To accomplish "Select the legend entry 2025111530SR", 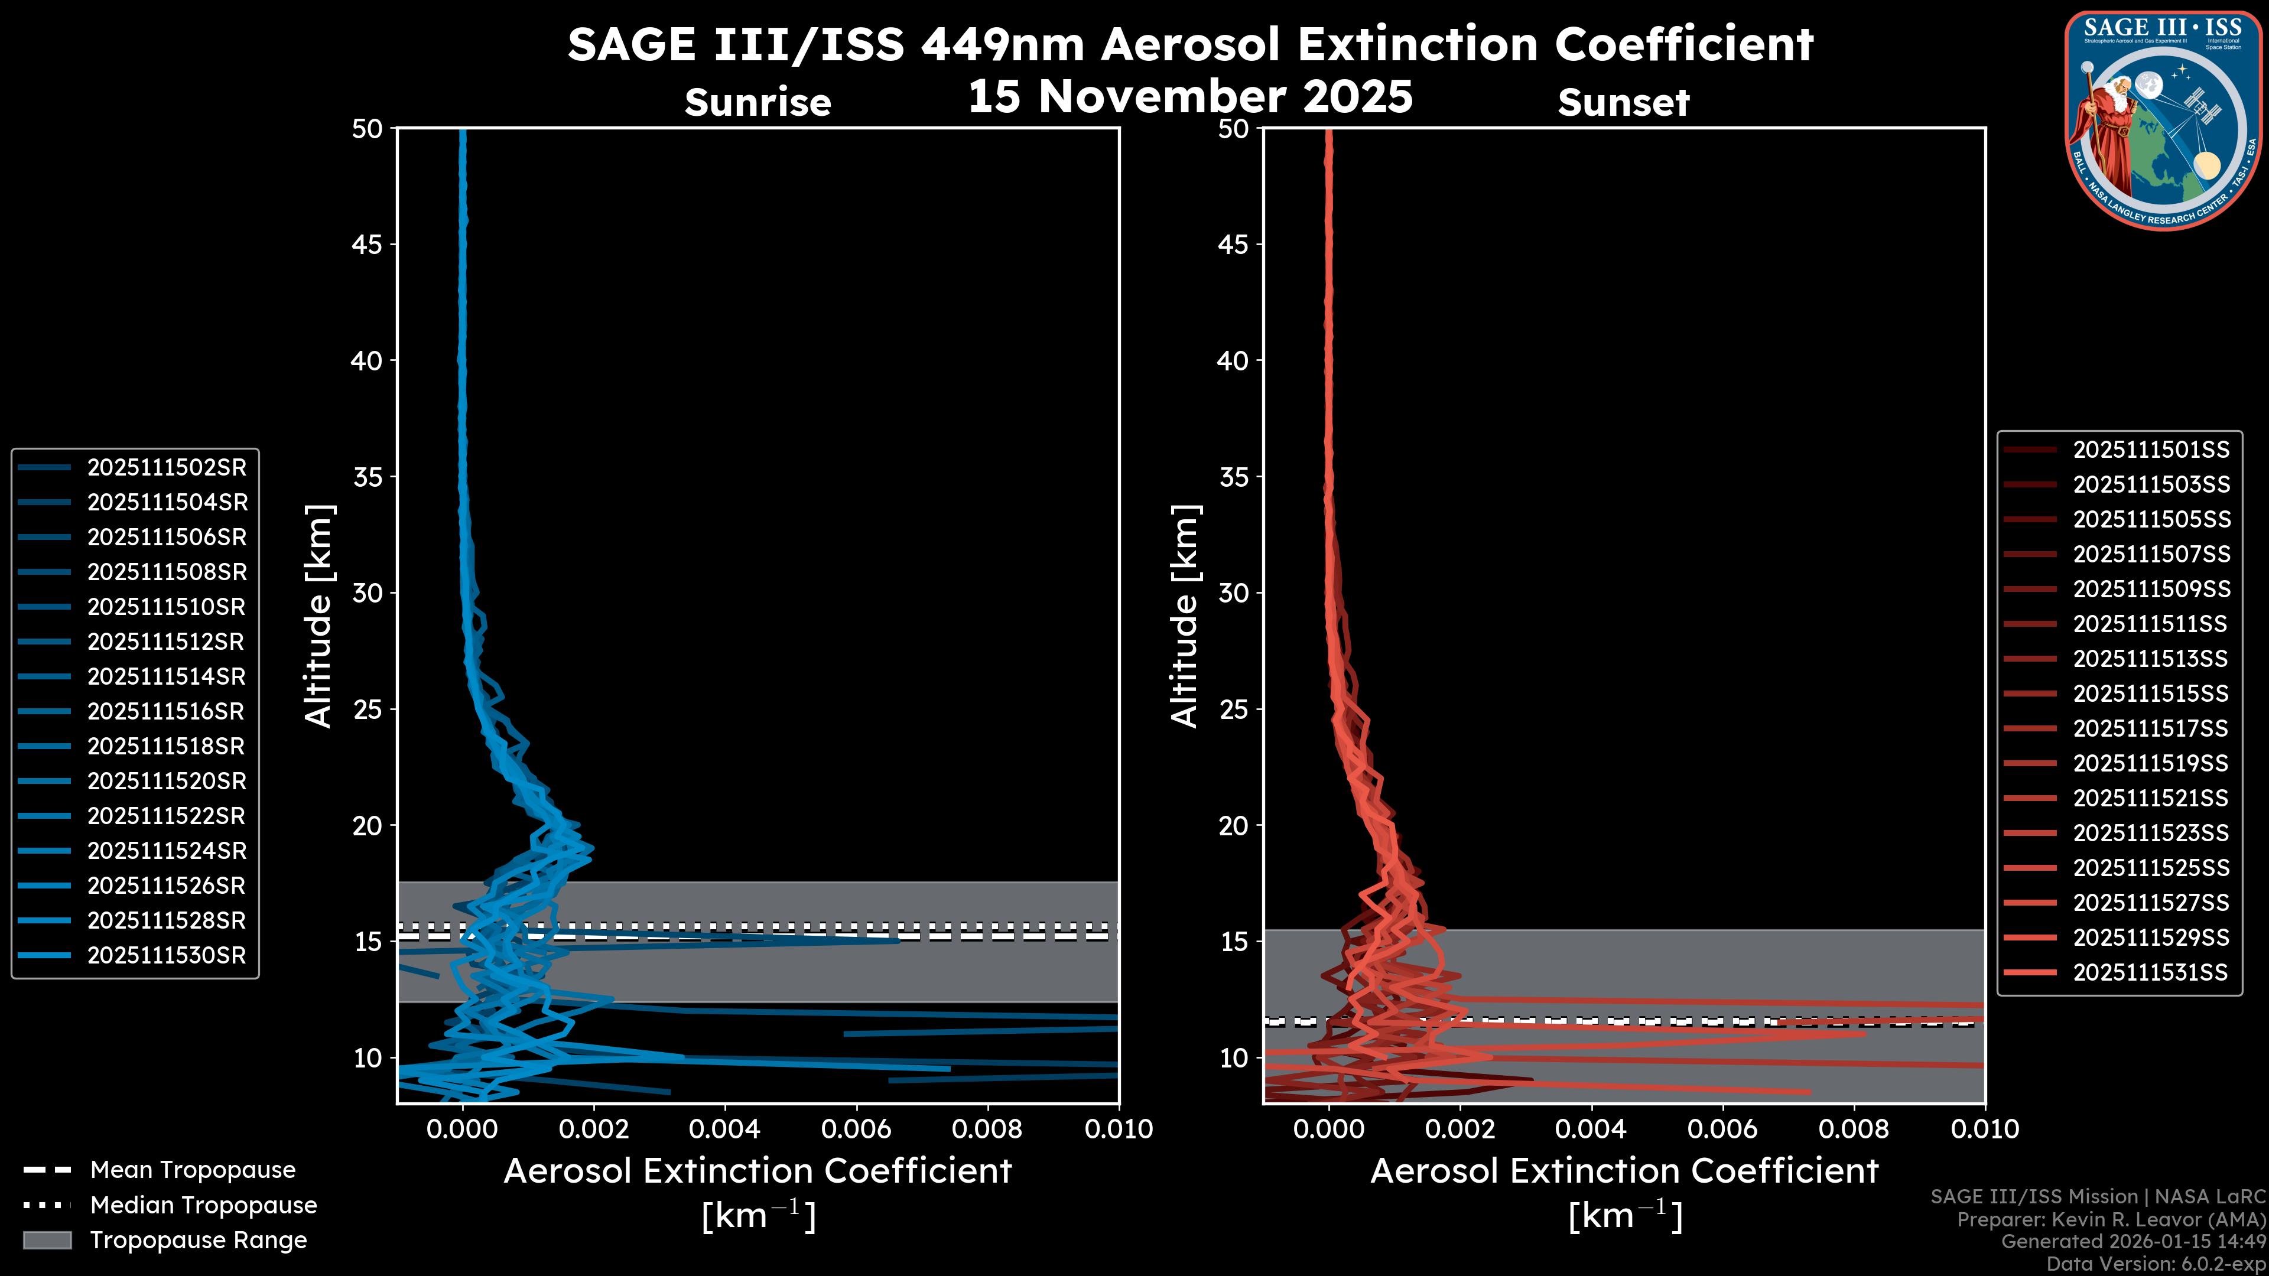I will [x=167, y=955].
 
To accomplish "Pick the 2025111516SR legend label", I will [x=167, y=711].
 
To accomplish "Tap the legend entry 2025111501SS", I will [x=2150, y=450].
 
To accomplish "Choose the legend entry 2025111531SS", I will [x=2150, y=972].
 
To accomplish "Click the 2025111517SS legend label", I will [x=2150, y=728].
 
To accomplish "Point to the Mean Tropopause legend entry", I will [x=193, y=1170].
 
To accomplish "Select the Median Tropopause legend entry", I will [x=203, y=1205].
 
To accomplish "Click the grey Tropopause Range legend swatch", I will [x=47, y=1240].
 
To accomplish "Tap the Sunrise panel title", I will [x=758, y=103].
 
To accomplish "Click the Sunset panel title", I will [x=1623, y=103].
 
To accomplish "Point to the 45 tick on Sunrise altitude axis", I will [x=368, y=244].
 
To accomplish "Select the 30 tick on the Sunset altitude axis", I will [x=1233, y=593].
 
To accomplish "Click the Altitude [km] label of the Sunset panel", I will [x=1185, y=616].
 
